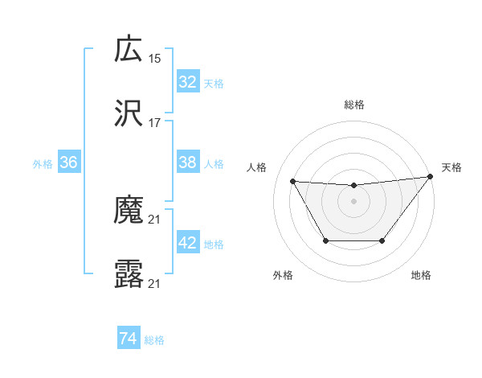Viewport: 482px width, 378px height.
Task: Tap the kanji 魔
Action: [129, 211]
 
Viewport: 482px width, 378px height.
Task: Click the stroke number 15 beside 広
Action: [155, 58]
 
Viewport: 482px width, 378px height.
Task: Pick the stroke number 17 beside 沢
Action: [155, 123]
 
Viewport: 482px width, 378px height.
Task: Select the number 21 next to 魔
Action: [155, 219]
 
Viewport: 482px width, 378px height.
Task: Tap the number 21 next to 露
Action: [155, 283]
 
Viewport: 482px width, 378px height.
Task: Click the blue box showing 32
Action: [188, 82]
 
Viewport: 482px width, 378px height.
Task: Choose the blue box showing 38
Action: [188, 162]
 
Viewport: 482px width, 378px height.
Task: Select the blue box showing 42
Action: [188, 243]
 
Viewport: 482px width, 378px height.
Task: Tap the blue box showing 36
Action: [69, 162]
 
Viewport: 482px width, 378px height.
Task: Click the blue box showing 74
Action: [129, 339]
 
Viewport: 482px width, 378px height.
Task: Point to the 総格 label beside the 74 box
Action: [155, 340]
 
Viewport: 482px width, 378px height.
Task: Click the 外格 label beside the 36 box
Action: [43, 163]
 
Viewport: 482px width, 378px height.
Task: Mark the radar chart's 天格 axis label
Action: [452, 167]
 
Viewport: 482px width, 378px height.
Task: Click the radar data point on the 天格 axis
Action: [430, 176]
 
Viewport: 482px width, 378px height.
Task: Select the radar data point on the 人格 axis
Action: [292, 181]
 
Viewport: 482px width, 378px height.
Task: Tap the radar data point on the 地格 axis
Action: [382, 240]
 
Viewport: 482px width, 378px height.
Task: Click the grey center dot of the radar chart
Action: [353, 201]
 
